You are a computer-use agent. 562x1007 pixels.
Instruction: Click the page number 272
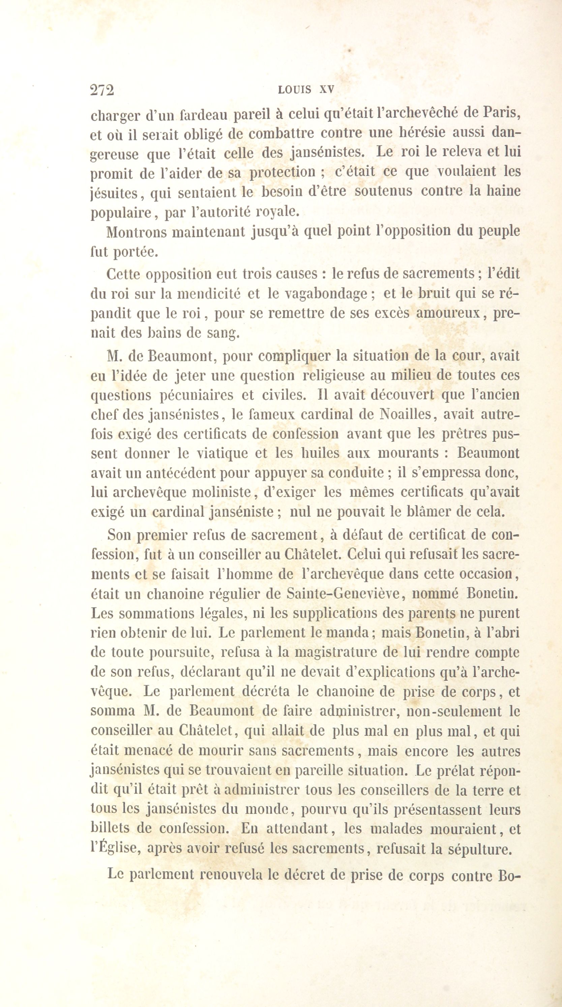pos(102,90)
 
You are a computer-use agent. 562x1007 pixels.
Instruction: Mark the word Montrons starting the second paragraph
pos(136,232)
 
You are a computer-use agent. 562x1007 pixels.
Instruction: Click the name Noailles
pos(408,414)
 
